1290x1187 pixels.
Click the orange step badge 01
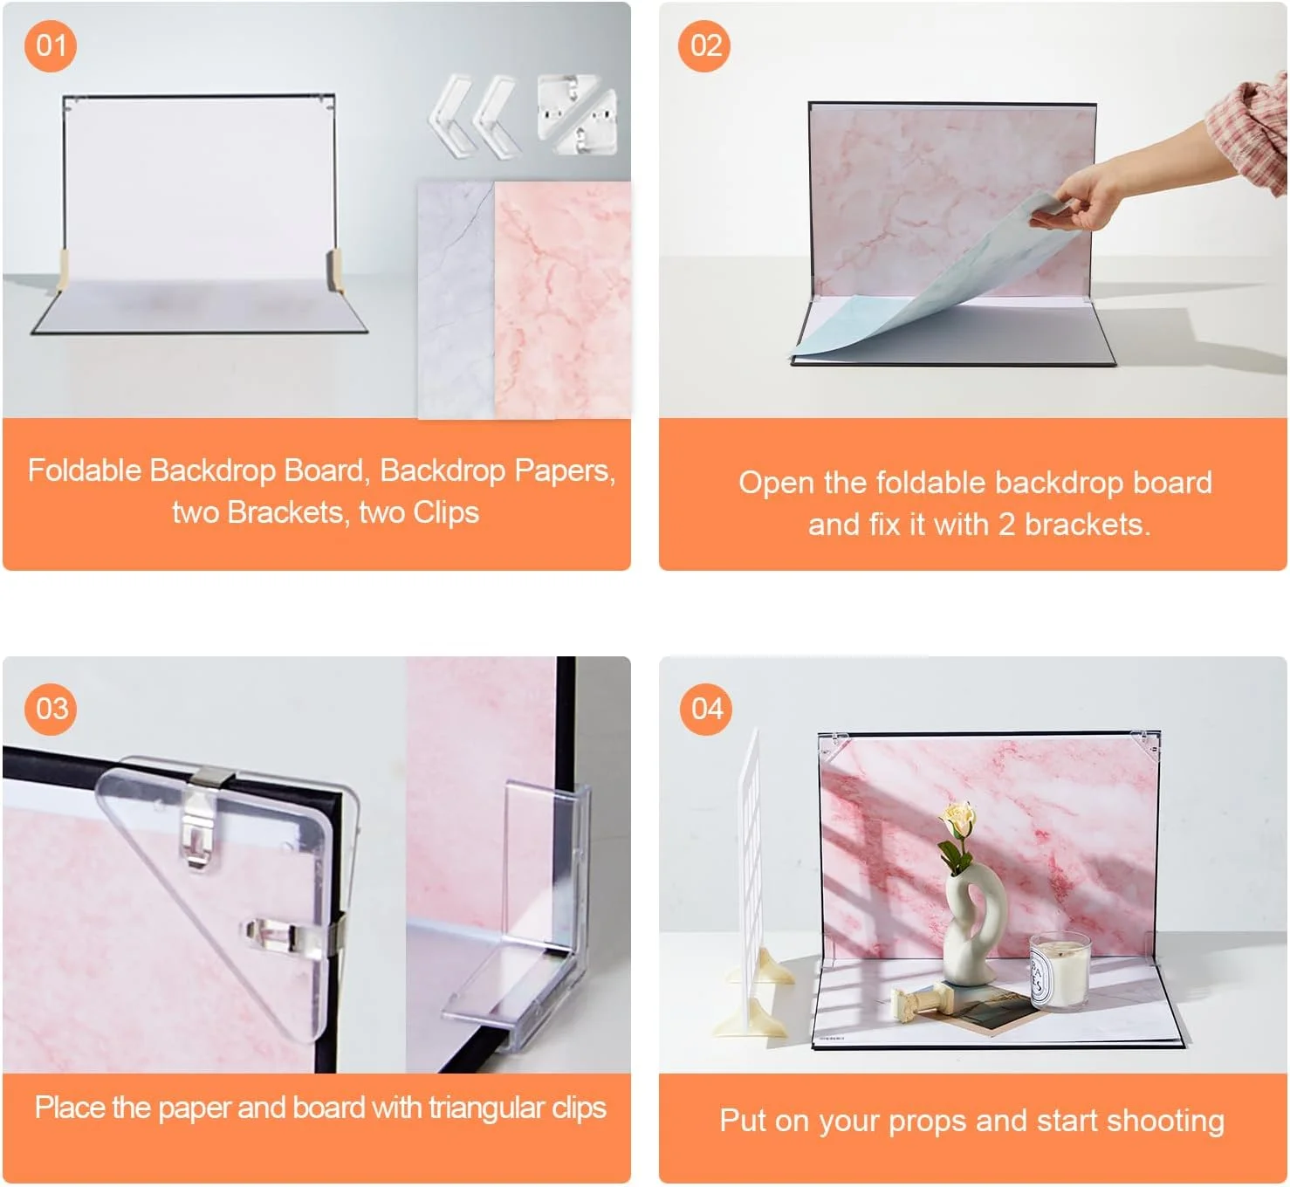51,45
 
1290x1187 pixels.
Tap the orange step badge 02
705,45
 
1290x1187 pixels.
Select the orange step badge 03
51,709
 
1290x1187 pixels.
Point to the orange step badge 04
706,709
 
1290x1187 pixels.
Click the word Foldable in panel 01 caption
85,470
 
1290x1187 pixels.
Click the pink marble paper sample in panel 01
561,300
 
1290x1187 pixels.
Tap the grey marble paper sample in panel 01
456,300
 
